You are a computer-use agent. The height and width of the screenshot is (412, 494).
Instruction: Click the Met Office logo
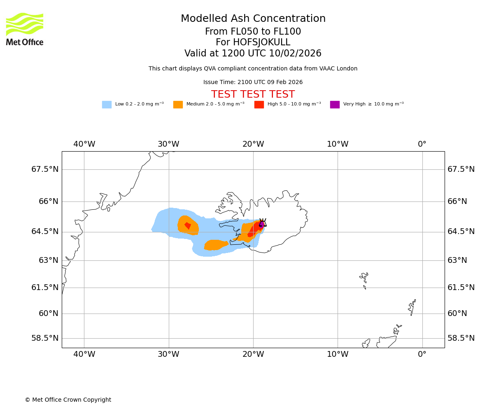pos(25,29)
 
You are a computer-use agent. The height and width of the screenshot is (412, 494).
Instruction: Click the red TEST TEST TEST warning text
pos(253,94)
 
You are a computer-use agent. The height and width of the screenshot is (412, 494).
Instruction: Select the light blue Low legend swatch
pos(107,105)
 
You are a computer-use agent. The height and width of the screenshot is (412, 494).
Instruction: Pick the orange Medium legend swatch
pos(178,105)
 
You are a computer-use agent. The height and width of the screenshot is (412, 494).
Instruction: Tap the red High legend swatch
pos(259,105)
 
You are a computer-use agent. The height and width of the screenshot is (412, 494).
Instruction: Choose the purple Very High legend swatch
pos(335,105)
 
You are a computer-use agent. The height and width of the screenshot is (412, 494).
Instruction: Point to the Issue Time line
pos(253,82)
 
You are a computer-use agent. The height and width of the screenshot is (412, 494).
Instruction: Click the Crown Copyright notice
pos(68,400)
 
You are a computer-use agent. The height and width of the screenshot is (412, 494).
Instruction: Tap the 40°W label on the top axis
pos(84,144)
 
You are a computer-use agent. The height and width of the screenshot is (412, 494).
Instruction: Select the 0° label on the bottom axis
pos(422,354)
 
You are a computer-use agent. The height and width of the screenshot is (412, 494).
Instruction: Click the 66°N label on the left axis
pos(45,201)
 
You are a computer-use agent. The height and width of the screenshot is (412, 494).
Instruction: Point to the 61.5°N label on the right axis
pos(461,288)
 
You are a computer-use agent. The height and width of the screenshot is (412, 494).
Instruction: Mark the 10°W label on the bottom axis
pos(338,354)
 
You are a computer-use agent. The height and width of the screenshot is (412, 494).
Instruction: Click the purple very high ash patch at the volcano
pos(261,224)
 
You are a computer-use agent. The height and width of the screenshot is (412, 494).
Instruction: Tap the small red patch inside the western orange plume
pos(188,225)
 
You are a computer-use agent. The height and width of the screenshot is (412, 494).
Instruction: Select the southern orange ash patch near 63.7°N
pos(215,245)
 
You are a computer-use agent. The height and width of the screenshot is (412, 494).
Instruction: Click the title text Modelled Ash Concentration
pos(253,19)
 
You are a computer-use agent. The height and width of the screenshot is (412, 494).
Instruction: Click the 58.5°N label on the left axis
pos(45,338)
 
